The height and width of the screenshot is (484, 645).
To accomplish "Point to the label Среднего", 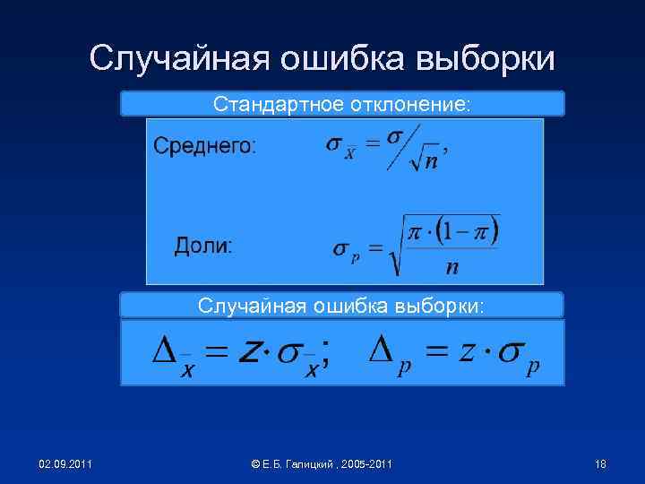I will pyautogui.click(x=205, y=146).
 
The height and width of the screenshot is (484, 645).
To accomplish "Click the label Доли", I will pyautogui.click(x=202, y=246).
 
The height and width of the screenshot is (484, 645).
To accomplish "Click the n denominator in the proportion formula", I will pyautogui.click(x=451, y=267).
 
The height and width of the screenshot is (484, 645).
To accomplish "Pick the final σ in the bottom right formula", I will pyautogui.click(x=512, y=352).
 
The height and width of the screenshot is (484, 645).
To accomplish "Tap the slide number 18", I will pyautogui.click(x=600, y=463).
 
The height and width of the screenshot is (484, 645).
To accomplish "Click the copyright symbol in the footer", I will pyautogui.click(x=255, y=463).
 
